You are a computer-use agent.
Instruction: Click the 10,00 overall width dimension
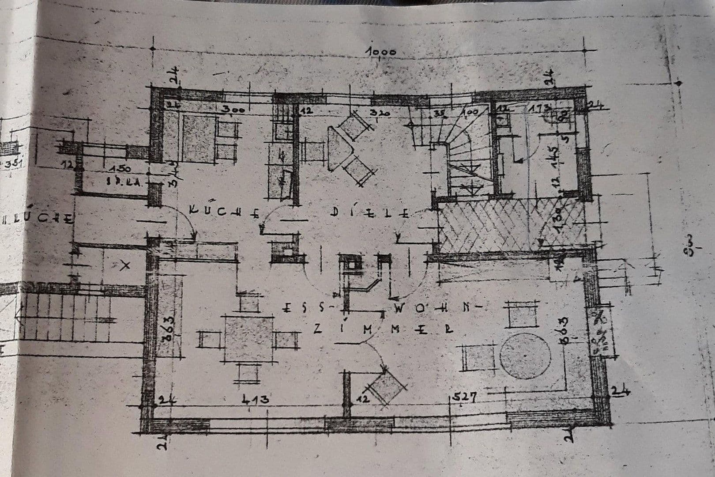381,52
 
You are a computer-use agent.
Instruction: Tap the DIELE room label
369,213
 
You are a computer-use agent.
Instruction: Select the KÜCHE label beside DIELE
224,211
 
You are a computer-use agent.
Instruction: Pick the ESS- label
304,307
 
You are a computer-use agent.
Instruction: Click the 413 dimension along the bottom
256,400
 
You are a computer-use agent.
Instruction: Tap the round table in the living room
525,356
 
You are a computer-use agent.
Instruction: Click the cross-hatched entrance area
512,225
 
